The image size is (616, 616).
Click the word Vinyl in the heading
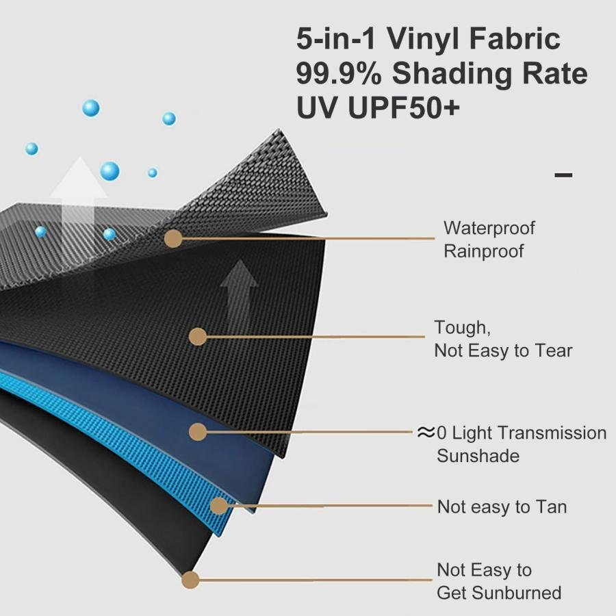tap(423, 39)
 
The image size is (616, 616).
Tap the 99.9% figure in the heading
tap(339, 73)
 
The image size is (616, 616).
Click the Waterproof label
tap(489, 228)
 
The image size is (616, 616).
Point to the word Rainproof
tap(484, 251)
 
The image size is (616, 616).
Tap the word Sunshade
tap(478, 456)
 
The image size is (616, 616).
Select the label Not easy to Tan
tap(502, 506)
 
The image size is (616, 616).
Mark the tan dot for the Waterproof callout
tap(173, 238)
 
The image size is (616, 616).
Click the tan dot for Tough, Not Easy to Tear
tap(198, 337)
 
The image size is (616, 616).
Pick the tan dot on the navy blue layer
tap(198, 432)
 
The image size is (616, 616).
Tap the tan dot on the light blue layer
tap(219, 506)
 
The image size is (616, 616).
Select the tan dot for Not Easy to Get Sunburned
tap(190, 580)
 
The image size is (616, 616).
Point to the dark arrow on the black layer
tap(239, 294)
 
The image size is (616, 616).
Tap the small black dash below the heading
tap(563, 175)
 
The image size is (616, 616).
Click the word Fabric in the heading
tap(515, 38)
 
